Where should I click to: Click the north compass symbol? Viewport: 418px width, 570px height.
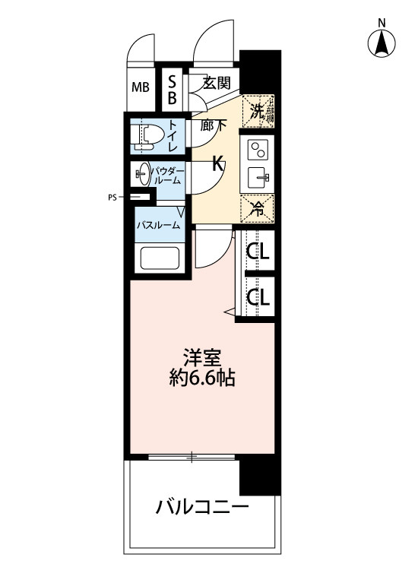382,44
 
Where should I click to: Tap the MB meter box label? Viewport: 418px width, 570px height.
141,87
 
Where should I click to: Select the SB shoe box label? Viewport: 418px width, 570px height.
173,88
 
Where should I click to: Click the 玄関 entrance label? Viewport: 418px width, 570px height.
217,82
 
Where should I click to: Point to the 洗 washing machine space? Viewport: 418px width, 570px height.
258,111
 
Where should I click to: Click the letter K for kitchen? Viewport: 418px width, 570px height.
217,163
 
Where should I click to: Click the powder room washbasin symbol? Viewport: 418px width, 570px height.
142,174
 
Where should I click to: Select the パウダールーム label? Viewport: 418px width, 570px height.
166,175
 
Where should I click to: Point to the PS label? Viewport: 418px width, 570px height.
112,198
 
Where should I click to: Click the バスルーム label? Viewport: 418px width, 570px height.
159,225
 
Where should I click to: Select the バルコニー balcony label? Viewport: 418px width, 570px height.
201,506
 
